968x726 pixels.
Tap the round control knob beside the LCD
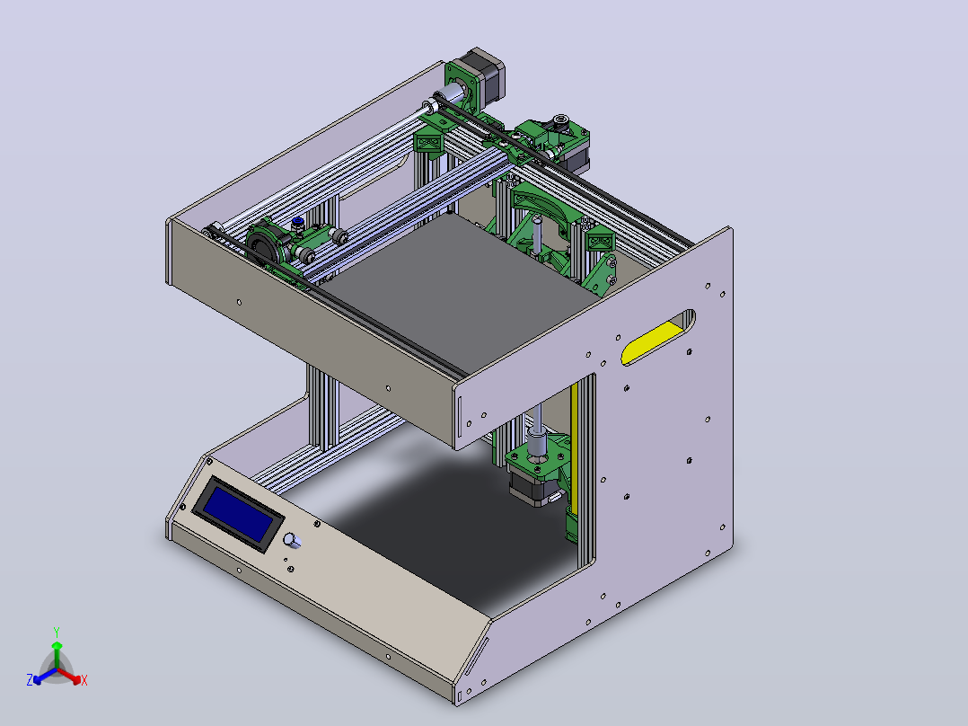[291, 540]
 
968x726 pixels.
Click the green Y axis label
[57, 632]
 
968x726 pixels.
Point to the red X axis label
[84, 680]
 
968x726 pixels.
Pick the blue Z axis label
[30, 679]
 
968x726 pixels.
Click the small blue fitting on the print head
[297, 220]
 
